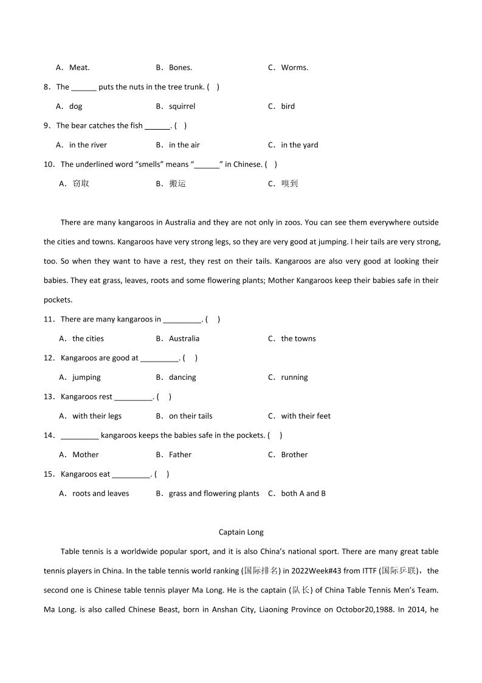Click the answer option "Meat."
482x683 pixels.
point(79,68)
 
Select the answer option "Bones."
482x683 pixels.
point(180,68)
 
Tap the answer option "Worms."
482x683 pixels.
point(294,68)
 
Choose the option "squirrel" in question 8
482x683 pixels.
point(182,106)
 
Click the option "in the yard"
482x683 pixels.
point(299,145)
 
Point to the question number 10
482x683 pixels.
point(49,164)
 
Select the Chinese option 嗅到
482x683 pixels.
point(290,184)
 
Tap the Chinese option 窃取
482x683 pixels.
point(81,184)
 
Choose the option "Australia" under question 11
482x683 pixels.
point(184,338)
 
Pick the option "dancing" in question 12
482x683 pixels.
point(182,377)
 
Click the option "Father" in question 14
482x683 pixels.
point(180,455)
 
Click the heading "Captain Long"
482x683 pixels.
point(241,532)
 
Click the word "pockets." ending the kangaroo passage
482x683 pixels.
point(58,300)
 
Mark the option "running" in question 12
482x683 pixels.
point(294,377)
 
